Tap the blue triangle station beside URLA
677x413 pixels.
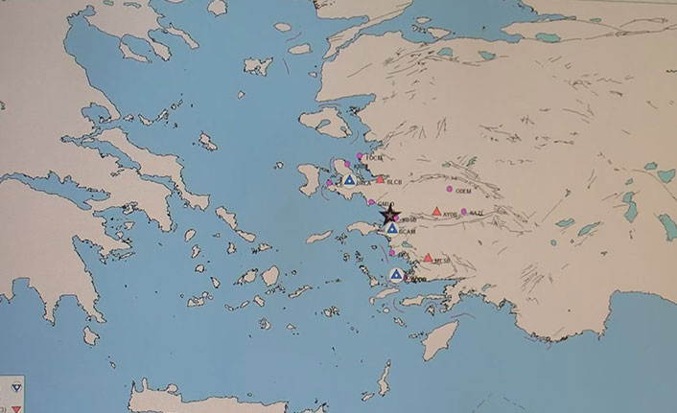pyautogui.click(x=350, y=179)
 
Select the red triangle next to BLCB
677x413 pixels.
pyautogui.click(x=381, y=179)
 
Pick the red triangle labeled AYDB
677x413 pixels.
pyautogui.click(x=437, y=211)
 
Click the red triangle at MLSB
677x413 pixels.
pyautogui.click(x=428, y=257)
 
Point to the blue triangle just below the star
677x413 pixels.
pyautogui.click(x=393, y=228)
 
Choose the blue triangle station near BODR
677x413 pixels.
pyautogui.click(x=396, y=274)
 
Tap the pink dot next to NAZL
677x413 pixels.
pyautogui.click(x=464, y=212)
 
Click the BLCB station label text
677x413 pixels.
pyautogui.click(x=395, y=181)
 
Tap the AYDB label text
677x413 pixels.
pyautogui.click(x=451, y=215)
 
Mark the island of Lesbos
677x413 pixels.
pyautogui.click(x=326, y=122)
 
